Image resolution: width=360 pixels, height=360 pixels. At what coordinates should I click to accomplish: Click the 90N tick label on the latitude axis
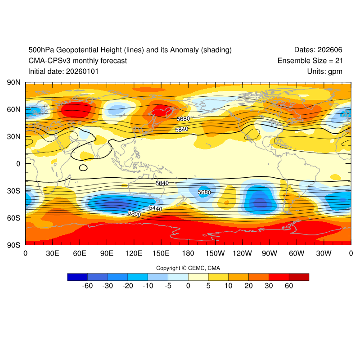click(13, 82)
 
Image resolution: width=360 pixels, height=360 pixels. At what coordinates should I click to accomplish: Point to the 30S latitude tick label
click(13, 191)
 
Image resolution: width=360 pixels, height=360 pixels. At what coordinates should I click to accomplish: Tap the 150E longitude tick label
click(161, 253)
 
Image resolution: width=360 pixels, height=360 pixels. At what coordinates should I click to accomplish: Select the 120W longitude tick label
click(243, 253)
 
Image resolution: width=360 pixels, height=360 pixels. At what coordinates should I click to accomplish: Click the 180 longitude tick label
click(188, 253)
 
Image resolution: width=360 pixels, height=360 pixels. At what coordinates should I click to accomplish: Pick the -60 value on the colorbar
click(87, 285)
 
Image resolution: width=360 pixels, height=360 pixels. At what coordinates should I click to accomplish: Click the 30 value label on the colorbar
click(269, 285)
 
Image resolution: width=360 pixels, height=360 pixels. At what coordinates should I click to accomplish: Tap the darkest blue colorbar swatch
click(77, 277)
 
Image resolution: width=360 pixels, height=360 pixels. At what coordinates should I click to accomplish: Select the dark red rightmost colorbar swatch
click(299, 277)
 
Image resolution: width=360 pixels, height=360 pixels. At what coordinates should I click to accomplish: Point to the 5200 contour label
click(135, 214)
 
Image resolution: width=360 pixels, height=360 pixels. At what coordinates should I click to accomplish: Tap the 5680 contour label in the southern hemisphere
click(204, 192)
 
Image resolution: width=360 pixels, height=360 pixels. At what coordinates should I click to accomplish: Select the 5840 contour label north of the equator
click(181, 130)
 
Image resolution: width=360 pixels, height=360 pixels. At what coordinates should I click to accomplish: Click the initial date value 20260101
click(82, 71)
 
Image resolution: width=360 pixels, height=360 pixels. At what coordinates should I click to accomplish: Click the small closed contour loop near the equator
click(83, 167)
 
